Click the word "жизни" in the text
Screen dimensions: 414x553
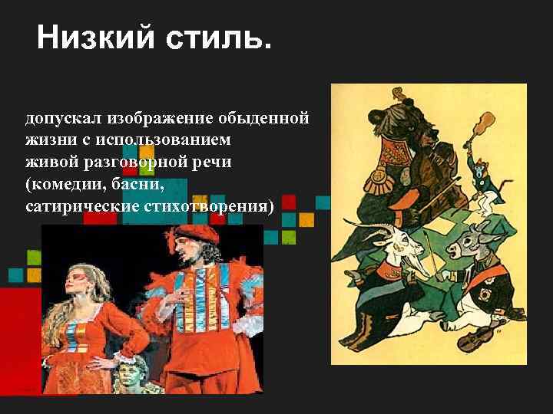point(45,141)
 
